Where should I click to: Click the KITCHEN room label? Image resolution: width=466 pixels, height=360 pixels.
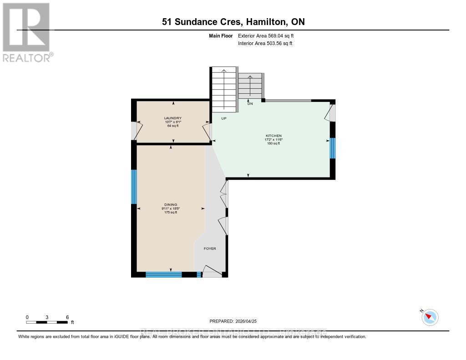pos(274,136)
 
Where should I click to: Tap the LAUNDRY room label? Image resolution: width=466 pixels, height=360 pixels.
pos(172,118)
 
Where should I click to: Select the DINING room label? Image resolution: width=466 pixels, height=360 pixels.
pos(171,205)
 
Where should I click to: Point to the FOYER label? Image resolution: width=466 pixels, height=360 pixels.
pos(210,248)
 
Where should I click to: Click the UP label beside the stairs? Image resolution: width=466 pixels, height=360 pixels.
pos(223,118)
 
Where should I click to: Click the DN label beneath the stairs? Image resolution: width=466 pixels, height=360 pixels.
pos(250,104)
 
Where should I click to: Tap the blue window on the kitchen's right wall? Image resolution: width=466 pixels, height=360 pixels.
pos(332,148)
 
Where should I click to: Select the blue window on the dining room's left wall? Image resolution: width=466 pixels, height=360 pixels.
pos(134,187)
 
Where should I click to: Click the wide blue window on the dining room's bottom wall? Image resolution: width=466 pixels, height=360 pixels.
pos(163,274)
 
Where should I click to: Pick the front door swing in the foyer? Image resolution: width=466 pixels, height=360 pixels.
pos(212,271)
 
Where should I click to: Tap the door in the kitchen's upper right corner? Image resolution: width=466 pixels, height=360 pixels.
pos(330,113)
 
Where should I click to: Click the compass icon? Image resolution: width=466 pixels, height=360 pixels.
pos(430,317)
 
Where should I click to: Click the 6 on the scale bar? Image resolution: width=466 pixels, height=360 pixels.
pos(67,317)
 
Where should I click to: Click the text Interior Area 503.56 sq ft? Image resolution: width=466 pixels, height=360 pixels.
pos(265,44)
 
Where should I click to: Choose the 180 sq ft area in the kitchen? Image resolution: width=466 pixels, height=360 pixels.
pos(274,144)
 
